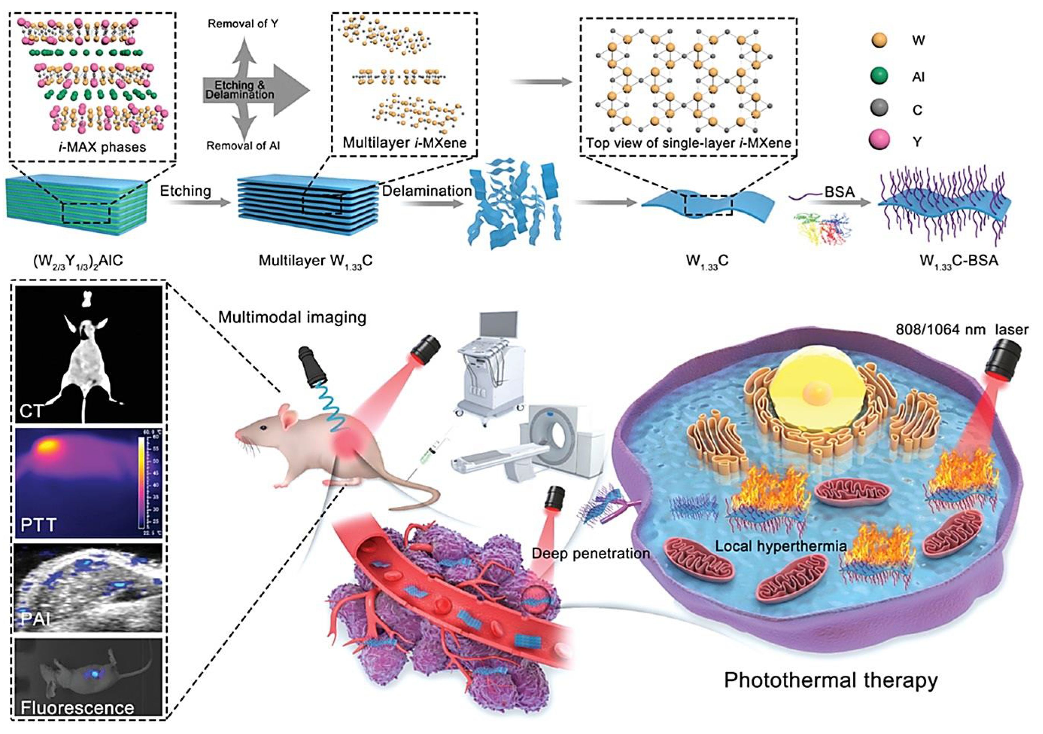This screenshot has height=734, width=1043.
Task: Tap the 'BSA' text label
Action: tap(840, 192)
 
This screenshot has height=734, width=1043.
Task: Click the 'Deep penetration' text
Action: tap(591, 553)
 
